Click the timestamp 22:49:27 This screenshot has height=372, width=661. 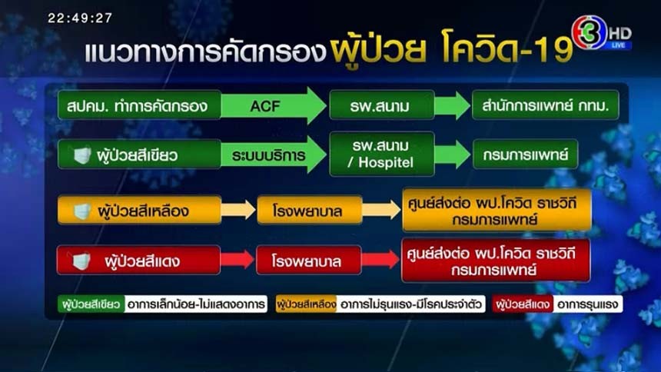coord(80,18)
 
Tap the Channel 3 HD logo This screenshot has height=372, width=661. coord(602,33)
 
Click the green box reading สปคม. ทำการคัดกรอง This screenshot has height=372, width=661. coord(139,105)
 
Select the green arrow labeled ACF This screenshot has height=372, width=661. coord(274,105)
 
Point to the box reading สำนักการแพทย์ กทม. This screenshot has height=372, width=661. coord(546,105)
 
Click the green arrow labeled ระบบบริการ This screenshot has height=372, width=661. coord(274,154)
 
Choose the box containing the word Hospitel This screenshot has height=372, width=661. coord(382,154)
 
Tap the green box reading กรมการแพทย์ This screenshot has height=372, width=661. coord(525,154)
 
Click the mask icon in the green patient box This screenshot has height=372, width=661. coord(82,155)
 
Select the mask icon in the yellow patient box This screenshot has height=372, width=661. coord(82,211)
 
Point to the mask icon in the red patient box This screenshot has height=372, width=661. coord(81,261)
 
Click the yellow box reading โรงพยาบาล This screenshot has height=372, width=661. coord(310,210)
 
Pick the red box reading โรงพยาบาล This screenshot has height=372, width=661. coord(308,261)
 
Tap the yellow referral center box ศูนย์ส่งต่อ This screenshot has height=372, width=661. coord(497,211)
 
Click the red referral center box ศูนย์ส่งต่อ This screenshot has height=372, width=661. coord(496,261)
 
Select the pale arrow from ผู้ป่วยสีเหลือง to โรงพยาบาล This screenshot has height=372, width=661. coord(238,210)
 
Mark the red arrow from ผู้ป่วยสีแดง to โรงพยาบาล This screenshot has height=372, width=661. coord(237,259)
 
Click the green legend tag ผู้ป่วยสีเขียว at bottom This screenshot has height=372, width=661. coord(91,304)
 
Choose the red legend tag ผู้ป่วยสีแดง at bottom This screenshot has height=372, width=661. coord(523,304)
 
